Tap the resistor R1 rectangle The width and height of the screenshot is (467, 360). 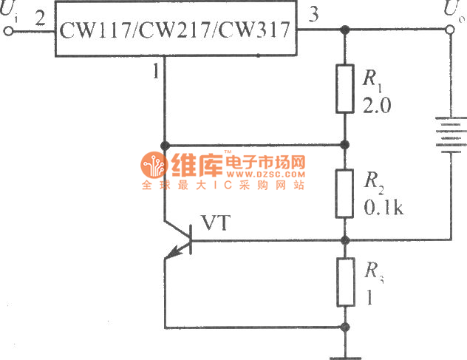(x=344, y=88)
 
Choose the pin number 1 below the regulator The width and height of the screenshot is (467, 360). (x=155, y=72)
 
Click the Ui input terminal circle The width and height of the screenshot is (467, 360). (x=10, y=31)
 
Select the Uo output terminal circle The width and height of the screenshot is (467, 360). (x=451, y=31)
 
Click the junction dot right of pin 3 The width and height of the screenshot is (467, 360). (x=344, y=31)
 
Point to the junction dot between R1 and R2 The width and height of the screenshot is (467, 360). (x=344, y=145)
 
